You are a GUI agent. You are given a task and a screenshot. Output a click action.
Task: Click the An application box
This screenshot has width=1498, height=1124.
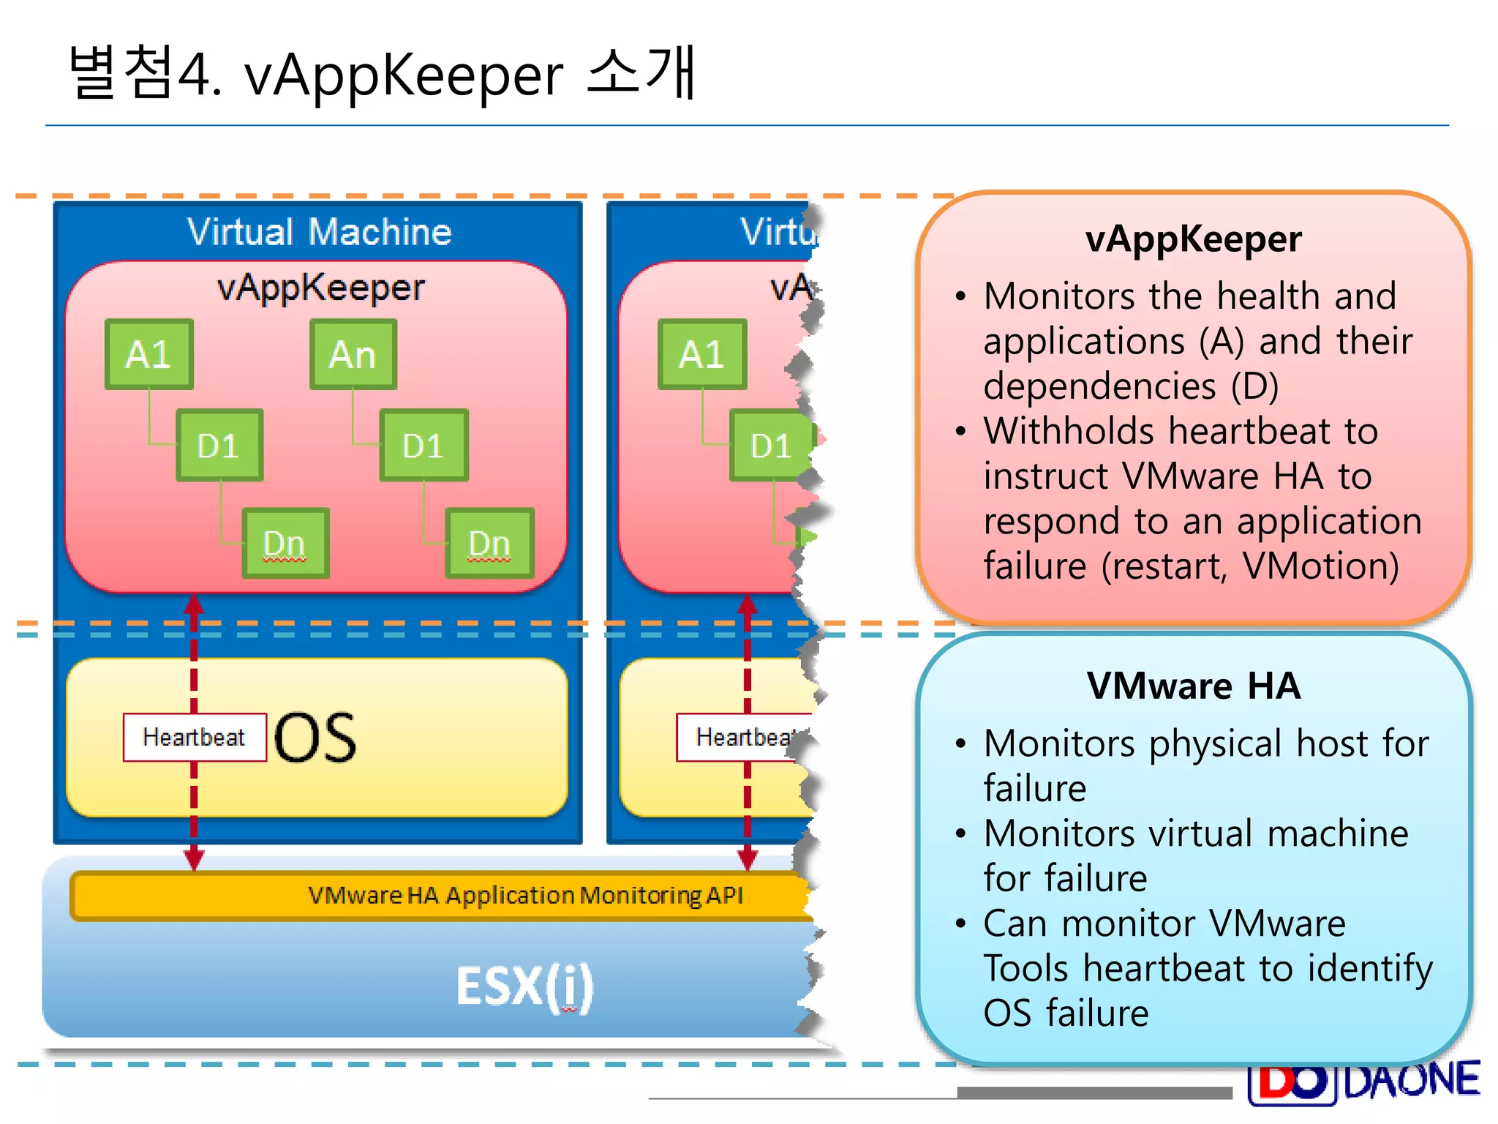pyautogui.click(x=353, y=354)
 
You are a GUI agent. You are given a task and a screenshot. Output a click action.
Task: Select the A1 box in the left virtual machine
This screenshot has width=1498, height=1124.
pyautogui.click(x=149, y=354)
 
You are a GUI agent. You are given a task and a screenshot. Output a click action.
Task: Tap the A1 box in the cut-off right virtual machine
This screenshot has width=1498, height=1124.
pyautogui.click(x=702, y=354)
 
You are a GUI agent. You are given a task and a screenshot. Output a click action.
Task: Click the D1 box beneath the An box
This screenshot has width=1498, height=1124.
pyautogui.click(x=424, y=445)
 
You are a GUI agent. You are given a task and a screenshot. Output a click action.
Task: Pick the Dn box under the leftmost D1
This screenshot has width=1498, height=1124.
pyautogui.click(x=285, y=543)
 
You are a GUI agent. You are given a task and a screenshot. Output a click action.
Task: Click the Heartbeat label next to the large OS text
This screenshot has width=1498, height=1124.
pyautogui.click(x=195, y=737)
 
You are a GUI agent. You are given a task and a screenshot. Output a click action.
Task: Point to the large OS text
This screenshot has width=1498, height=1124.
pyautogui.click(x=316, y=738)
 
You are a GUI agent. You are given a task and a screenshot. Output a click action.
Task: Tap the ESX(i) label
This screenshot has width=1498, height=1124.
pyautogui.click(x=524, y=986)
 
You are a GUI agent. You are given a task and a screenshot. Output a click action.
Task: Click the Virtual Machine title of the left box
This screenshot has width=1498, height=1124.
pyautogui.click(x=319, y=232)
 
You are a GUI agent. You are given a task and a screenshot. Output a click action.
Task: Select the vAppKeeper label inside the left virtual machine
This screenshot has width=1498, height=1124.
pyautogui.click(x=320, y=288)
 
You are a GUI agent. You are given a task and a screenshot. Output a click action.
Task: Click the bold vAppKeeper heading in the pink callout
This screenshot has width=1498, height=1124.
pyautogui.click(x=1193, y=239)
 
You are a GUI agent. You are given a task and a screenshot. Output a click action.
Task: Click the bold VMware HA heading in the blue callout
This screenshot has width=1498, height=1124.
pyautogui.click(x=1193, y=686)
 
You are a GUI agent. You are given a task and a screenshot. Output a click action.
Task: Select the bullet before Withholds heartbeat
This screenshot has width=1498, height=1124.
pyautogui.click(x=961, y=431)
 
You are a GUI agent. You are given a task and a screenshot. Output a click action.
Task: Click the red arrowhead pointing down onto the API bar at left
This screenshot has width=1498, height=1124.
pyautogui.click(x=194, y=859)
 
